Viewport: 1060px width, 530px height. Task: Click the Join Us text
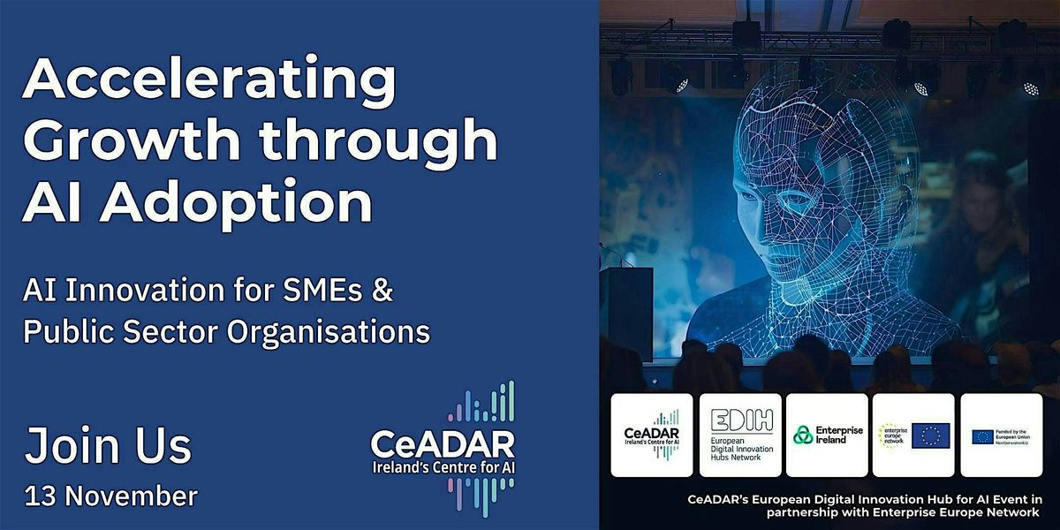point(108,447)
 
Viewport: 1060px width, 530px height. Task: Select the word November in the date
point(133,495)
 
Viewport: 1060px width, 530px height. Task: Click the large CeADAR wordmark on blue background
point(443,441)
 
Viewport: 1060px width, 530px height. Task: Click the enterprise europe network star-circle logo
point(890,435)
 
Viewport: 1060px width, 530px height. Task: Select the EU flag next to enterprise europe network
point(930,435)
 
